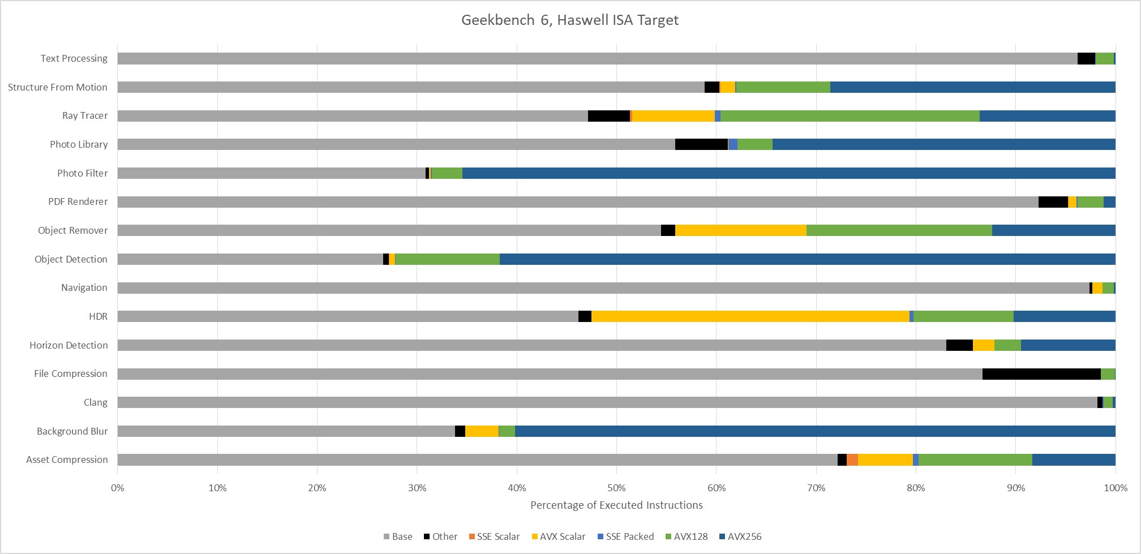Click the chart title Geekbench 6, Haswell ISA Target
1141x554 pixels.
pos(569,20)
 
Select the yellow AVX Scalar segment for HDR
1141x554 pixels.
pos(750,316)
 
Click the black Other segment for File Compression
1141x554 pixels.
pos(1041,373)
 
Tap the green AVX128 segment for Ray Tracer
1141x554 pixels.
pos(850,116)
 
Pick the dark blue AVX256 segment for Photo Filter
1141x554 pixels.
pos(789,173)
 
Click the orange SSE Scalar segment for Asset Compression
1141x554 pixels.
pos(852,459)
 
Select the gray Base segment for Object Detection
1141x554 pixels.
pos(250,259)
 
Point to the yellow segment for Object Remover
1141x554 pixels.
pos(741,230)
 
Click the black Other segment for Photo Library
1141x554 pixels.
pos(701,144)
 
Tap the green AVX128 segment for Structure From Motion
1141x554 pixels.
pos(783,87)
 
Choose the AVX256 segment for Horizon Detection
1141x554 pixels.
pos(1068,345)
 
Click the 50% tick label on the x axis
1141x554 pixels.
pos(616,488)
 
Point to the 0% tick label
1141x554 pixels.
pos(118,488)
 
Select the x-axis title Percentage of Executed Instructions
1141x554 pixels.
pos(616,505)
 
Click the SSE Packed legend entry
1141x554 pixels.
pos(625,536)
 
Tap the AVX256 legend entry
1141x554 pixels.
pos(740,536)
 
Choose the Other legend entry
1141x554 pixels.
pos(440,536)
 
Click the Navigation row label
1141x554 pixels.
pos(84,287)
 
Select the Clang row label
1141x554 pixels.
pos(96,402)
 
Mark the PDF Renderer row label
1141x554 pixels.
pos(78,201)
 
